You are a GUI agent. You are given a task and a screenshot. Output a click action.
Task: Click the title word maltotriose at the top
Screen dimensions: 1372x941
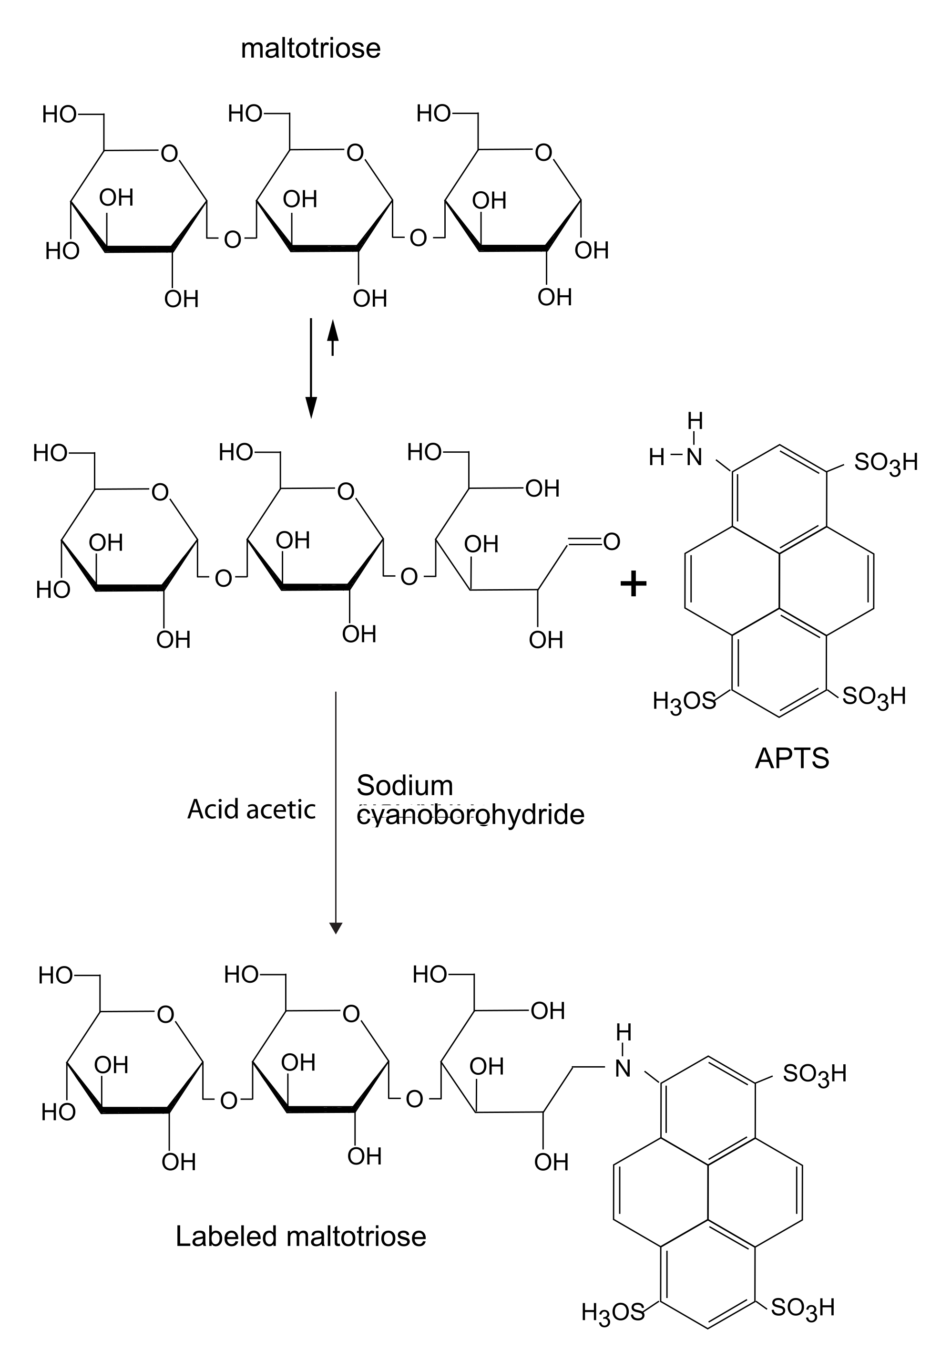click(310, 48)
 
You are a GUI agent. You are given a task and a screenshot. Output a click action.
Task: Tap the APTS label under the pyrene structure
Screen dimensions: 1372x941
click(792, 759)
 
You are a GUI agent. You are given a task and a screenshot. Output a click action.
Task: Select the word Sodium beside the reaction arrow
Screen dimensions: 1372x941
click(405, 786)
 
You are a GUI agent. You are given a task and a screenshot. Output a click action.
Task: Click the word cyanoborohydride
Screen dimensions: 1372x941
click(470, 815)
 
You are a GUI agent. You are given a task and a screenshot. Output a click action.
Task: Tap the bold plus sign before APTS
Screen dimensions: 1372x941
click(634, 584)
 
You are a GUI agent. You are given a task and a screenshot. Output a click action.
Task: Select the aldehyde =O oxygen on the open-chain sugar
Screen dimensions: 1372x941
click(612, 541)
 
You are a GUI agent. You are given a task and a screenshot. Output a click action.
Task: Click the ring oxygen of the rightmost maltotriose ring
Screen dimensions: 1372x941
click(543, 153)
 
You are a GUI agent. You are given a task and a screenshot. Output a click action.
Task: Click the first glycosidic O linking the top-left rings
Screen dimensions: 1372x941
click(233, 239)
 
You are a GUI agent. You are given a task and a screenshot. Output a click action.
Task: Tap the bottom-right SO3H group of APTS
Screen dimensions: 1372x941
click(873, 696)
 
